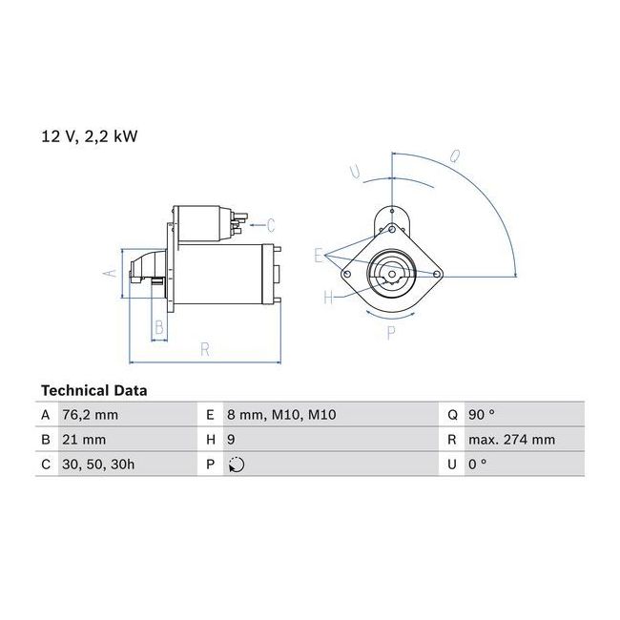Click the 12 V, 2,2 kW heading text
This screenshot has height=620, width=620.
[90, 136]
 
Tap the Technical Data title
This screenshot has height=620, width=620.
[94, 391]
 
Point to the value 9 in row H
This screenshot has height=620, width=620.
[232, 440]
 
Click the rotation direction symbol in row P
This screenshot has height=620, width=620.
[237, 465]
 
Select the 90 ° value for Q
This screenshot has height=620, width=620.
[482, 415]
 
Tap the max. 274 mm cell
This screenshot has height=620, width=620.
[511, 440]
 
